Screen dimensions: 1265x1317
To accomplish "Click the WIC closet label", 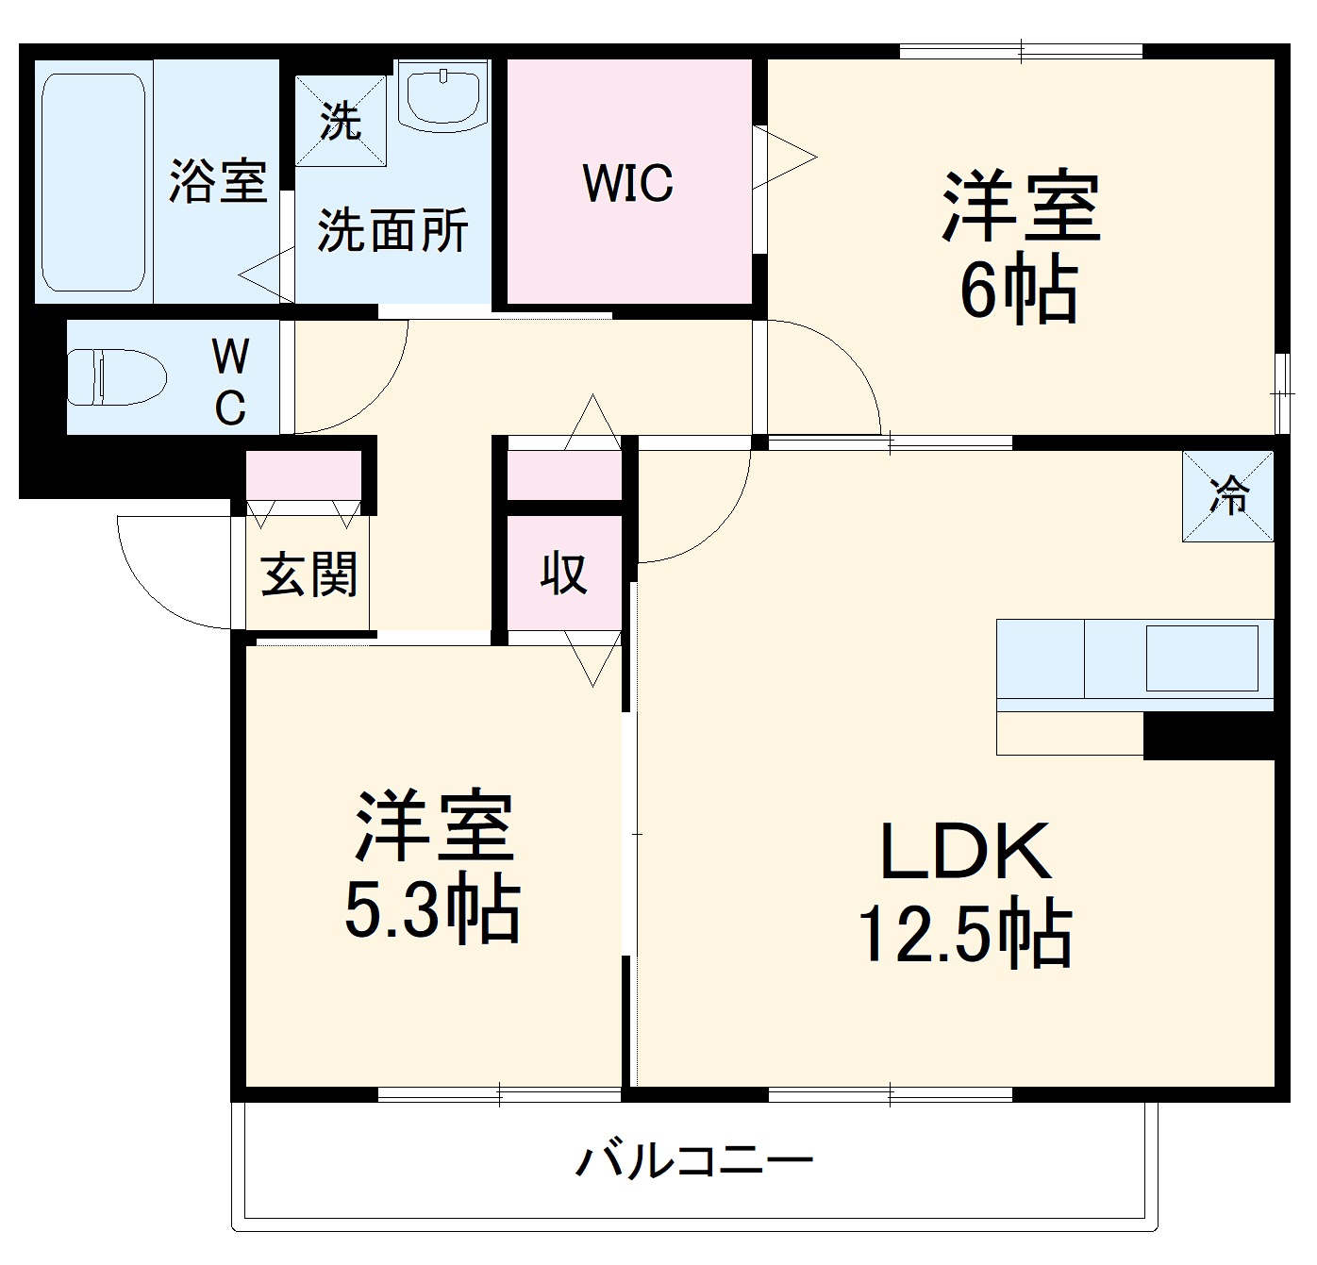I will [x=628, y=183].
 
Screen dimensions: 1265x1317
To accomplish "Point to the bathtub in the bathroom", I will [x=93, y=182].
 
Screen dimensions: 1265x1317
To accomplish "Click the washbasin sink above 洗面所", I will [x=442, y=93].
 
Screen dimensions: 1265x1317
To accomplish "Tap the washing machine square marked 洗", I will [x=341, y=121].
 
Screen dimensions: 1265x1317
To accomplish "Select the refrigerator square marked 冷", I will [x=1228, y=495].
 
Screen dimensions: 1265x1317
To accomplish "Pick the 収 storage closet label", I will [x=564, y=573].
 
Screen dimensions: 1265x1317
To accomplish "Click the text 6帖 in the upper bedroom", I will [x=1019, y=291].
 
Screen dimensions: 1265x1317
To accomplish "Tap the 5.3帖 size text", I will [x=431, y=910].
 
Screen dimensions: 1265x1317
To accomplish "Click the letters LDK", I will [x=965, y=851].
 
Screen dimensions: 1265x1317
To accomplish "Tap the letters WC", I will [x=230, y=381].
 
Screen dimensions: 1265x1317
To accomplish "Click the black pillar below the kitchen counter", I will [x=1209, y=736].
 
